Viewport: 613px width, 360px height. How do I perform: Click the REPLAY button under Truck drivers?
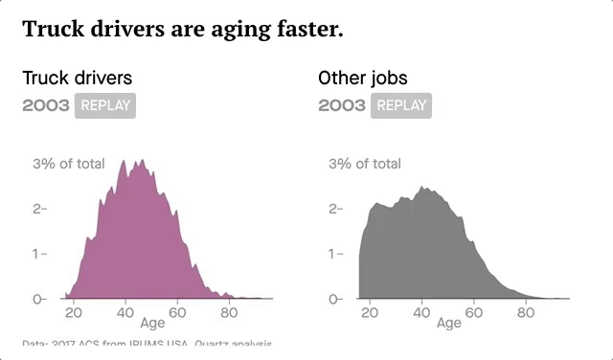(x=105, y=105)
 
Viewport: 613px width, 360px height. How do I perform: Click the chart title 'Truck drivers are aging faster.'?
(x=182, y=29)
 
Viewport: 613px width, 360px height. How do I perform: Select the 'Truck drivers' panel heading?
(x=78, y=78)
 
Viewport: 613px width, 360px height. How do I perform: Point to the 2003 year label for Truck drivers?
(x=46, y=105)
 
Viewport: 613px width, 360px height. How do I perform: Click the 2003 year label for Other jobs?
(x=342, y=105)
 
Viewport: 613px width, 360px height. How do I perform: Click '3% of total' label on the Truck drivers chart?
(x=69, y=164)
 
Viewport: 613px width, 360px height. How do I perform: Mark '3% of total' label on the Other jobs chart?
(x=365, y=164)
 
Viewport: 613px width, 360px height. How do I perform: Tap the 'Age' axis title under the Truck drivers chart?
(x=152, y=324)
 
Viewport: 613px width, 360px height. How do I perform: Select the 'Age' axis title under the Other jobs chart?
(x=448, y=324)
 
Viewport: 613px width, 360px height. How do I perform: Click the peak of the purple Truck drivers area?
(x=124, y=161)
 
